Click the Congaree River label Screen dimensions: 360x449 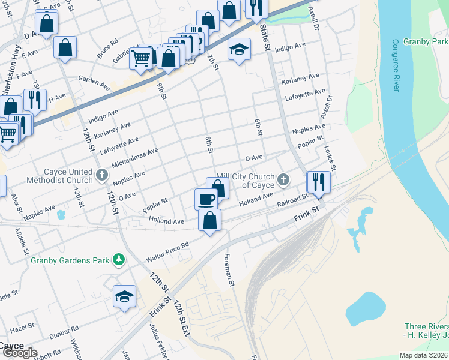pos(396,65)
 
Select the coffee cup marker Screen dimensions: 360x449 pos(206,199)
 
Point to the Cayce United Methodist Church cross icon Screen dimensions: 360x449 pos(102,176)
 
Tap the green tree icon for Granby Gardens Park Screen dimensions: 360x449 pos(119,260)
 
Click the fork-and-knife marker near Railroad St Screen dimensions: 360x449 pos(318,182)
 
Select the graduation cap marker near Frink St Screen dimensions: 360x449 pos(124,296)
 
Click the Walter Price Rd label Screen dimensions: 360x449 pos(167,253)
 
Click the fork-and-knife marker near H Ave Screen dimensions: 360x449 pos(35,99)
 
